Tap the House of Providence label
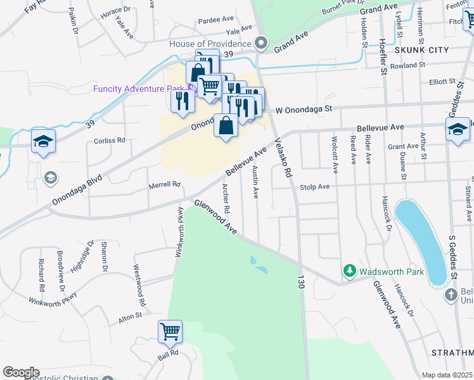point(210,43)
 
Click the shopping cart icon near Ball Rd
point(170,331)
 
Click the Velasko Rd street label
point(283,158)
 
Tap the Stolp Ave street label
point(315,187)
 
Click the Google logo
point(21,372)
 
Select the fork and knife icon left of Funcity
point(183,100)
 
